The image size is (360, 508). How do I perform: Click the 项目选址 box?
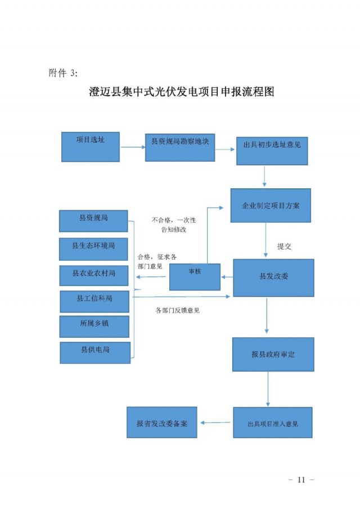[90, 146]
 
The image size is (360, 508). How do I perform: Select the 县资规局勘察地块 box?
[180, 147]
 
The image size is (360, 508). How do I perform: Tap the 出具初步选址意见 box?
[272, 149]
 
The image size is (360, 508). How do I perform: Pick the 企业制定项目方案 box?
[271, 206]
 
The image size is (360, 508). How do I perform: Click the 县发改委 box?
[273, 278]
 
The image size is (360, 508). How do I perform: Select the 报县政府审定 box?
[273, 355]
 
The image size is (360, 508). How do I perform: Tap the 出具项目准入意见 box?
[273, 423]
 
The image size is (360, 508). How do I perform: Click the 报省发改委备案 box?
[162, 422]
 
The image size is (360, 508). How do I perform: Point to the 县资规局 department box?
[93, 220]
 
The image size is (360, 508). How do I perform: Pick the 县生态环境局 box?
[93, 248]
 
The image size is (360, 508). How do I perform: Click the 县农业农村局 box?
[93, 275]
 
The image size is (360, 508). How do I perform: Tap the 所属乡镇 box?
[94, 326]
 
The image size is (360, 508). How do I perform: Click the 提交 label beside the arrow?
[284, 246]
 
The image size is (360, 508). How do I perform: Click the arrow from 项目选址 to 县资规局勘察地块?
[133, 148]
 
